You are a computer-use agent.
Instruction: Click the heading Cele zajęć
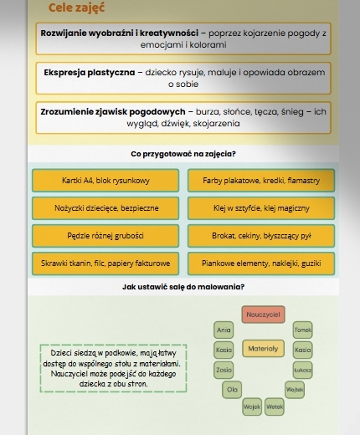point(76,8)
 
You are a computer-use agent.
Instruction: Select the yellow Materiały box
point(263,346)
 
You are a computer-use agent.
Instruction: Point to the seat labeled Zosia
point(223,368)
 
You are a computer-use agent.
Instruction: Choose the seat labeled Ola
point(232,389)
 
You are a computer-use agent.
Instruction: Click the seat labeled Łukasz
point(302,368)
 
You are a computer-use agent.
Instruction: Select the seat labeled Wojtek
point(294,389)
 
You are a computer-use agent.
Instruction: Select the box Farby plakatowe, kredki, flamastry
point(262,180)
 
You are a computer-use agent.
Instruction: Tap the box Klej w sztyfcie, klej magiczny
point(262,206)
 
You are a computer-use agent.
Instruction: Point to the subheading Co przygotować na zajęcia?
point(183,154)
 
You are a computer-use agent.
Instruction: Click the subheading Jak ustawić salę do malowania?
point(183,287)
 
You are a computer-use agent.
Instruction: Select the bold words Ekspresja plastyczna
point(92,74)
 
